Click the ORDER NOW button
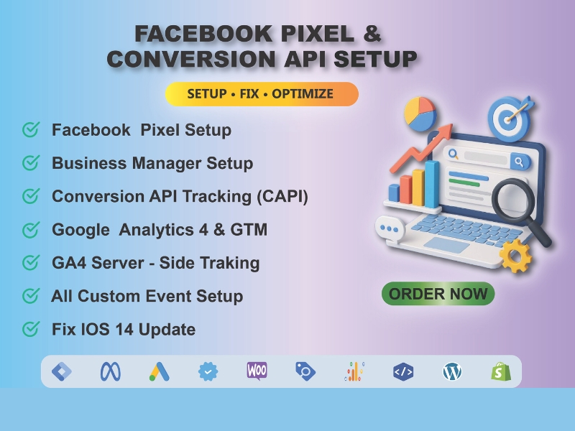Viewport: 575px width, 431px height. pyautogui.click(x=438, y=293)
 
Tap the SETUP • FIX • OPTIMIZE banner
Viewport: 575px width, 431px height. pyautogui.click(x=262, y=94)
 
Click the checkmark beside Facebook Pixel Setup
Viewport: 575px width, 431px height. pyautogui.click(x=31, y=130)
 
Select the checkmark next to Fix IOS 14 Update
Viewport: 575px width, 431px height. pyautogui.click(x=31, y=330)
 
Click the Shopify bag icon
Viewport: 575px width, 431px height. pyautogui.click(x=501, y=371)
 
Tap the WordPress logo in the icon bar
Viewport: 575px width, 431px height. pyautogui.click(x=452, y=371)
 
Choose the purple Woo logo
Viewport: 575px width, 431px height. pyautogui.click(x=257, y=371)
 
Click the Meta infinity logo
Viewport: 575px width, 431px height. pyautogui.click(x=110, y=371)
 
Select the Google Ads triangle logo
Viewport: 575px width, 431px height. pyautogui.click(x=159, y=371)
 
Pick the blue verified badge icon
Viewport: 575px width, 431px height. pyautogui.click(x=208, y=371)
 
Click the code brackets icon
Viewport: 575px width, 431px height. pyautogui.click(x=403, y=371)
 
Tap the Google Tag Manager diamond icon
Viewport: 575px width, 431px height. pyautogui.click(x=61, y=371)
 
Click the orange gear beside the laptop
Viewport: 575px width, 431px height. pyautogui.click(x=515, y=254)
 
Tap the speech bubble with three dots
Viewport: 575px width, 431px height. pyautogui.click(x=392, y=230)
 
